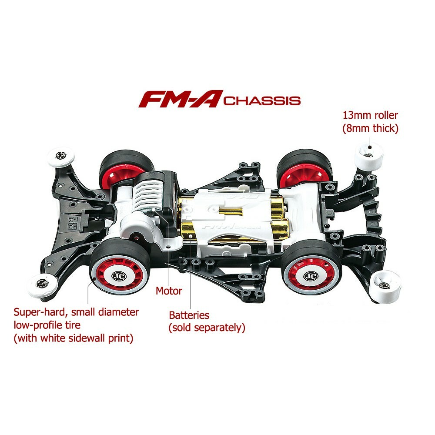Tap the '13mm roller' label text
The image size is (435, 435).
(370, 115)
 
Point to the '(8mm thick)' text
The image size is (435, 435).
(370, 128)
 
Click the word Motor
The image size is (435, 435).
(169, 291)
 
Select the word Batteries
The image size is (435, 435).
(189, 315)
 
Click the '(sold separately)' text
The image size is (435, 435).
(207, 328)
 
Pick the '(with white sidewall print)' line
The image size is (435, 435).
(73, 338)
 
